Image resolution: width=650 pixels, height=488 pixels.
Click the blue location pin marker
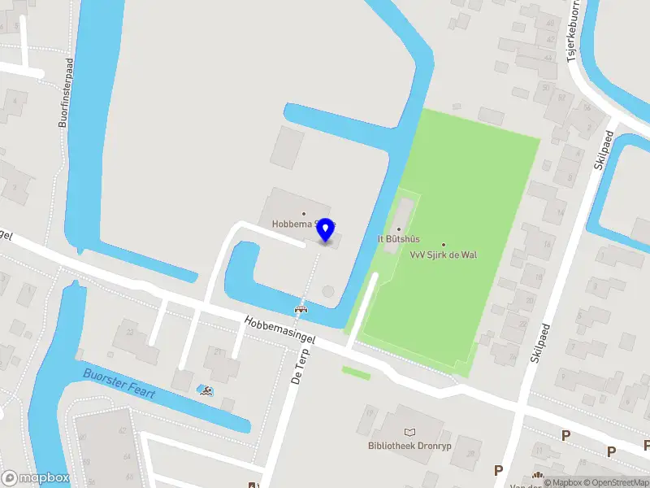pos(326,230)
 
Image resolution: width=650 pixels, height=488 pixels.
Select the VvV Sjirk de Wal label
pos(444,255)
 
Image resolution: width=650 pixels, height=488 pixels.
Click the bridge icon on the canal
pos(301,308)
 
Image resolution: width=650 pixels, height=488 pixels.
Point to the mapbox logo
pos(35,477)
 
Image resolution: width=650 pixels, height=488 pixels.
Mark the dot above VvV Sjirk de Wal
pos(444,244)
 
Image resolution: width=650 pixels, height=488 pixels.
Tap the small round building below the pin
pos(327,290)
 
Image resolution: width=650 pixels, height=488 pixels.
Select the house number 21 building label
pos(218,352)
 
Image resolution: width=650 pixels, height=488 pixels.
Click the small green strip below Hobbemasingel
pos(355,373)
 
